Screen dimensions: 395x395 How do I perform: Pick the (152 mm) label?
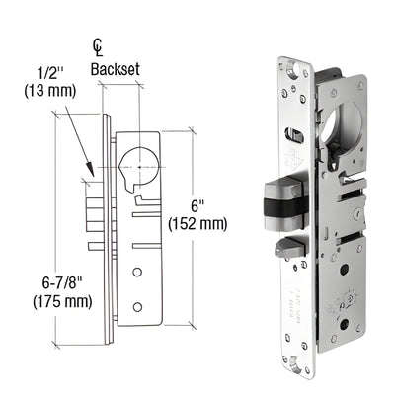pyautogui.click(x=200, y=223)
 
